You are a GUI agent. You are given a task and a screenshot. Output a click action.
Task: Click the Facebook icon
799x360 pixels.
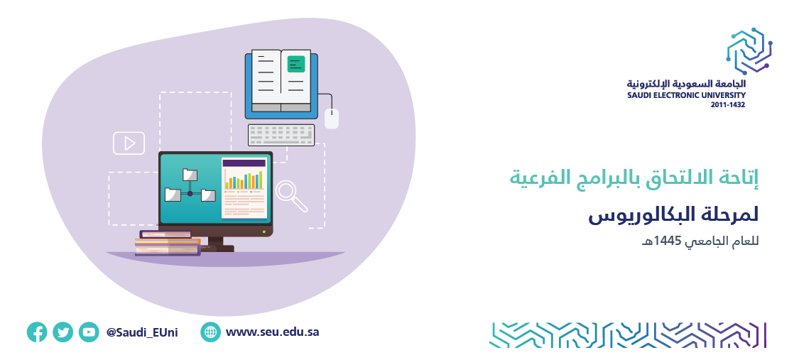click(37, 332)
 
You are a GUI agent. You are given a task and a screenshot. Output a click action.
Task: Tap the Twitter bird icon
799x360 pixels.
click(62, 332)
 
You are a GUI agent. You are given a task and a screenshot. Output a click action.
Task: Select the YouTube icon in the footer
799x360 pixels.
click(89, 332)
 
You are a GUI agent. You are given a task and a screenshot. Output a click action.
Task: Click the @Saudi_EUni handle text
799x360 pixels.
click(142, 332)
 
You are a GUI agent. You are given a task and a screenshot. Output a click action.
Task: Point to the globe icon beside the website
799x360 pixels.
click(210, 332)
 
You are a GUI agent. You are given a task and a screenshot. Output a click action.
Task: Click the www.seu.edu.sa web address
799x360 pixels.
click(272, 332)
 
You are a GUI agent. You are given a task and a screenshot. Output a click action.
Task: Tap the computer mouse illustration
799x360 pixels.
click(332, 119)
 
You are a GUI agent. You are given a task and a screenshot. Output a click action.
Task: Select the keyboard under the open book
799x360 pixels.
click(281, 135)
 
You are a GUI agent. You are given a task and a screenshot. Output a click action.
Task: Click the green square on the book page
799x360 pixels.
click(296, 64)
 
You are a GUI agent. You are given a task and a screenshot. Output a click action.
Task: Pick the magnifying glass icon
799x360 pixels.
click(291, 197)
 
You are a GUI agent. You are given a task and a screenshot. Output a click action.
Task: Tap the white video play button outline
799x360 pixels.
click(129, 143)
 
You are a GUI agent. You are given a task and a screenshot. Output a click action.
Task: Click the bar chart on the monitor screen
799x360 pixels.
click(244, 179)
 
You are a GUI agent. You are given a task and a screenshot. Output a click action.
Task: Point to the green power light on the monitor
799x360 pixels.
click(264, 231)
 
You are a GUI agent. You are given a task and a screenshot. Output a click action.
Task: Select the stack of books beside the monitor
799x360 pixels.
click(168, 243)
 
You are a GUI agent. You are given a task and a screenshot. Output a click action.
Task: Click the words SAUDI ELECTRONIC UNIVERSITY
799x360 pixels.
click(686, 95)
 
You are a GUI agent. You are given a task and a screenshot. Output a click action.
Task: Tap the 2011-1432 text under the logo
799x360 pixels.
click(728, 105)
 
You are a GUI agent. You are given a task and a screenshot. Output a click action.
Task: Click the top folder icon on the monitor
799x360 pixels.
click(190, 174)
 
